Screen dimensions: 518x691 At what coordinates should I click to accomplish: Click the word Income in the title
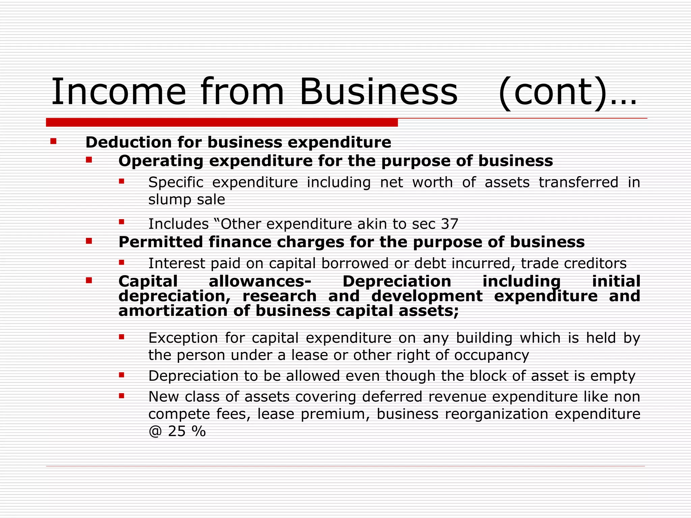pos(118,92)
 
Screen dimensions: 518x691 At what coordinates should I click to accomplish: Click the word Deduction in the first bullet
pos(128,142)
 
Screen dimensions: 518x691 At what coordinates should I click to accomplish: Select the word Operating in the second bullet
pos(161,161)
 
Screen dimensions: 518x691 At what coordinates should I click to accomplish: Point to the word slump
pos(168,200)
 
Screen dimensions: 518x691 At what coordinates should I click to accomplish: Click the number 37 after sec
pos(449,224)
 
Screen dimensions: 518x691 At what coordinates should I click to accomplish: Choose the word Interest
pos(176,263)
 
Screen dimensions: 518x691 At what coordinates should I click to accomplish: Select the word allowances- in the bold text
pos(260,281)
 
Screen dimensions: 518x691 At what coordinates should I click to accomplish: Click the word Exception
pos(183,338)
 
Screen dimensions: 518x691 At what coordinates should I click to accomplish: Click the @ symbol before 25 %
pos(155,431)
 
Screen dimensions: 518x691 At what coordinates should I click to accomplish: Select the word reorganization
pos(496,414)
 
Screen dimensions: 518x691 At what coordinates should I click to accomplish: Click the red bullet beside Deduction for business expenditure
pos(53,141)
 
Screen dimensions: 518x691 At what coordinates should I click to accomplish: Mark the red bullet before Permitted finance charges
pos(89,241)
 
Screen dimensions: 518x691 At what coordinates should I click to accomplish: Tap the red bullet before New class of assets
pos(121,396)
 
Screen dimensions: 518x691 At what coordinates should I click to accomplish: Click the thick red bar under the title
pos(222,122)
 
